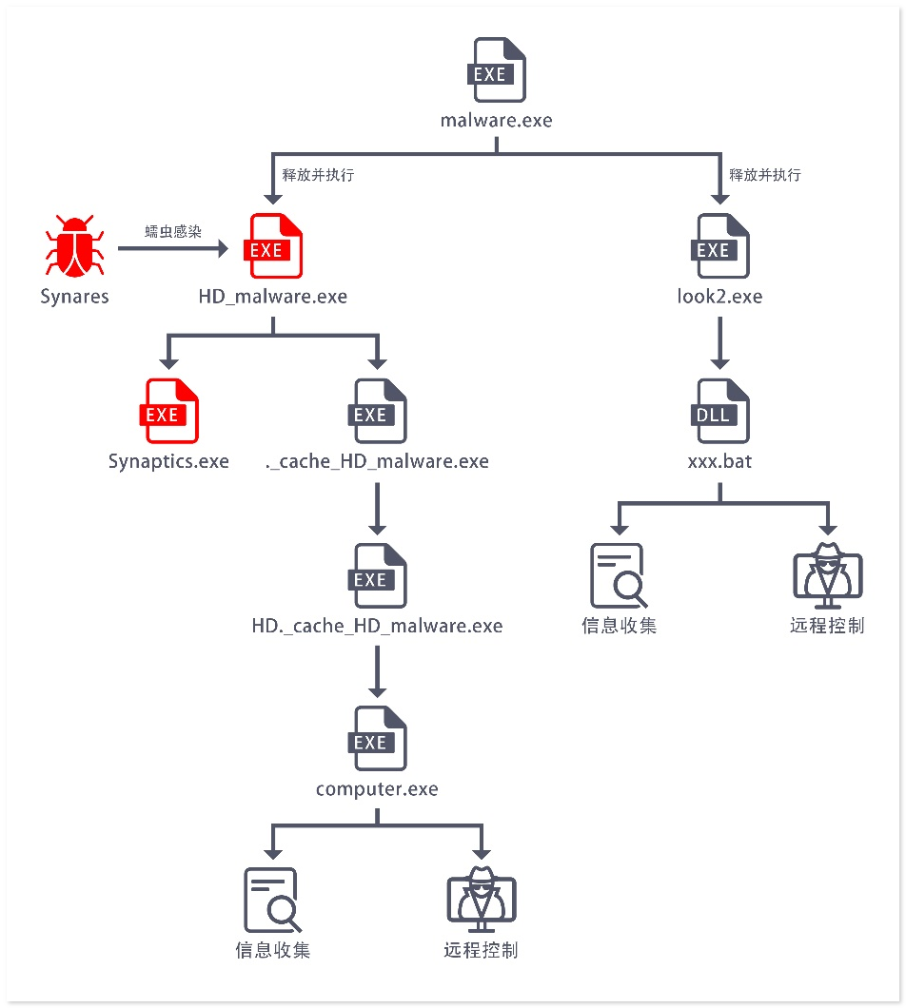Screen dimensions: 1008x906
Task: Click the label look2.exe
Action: (719, 297)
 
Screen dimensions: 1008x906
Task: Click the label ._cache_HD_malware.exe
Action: (377, 462)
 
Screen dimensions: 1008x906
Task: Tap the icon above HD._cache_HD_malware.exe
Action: (377, 577)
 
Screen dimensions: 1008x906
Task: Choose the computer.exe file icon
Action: (377, 740)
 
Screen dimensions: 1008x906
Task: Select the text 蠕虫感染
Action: (173, 231)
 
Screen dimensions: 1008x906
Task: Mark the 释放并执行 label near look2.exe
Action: (765, 175)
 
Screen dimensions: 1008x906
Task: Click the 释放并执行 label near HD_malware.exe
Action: (319, 175)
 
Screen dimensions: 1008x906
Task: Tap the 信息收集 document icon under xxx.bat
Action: (618, 576)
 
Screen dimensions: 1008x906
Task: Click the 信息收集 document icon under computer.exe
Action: (272, 901)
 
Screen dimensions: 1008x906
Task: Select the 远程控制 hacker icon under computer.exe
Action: (481, 901)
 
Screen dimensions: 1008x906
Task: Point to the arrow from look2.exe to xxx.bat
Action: (719, 341)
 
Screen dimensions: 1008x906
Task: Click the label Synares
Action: (74, 297)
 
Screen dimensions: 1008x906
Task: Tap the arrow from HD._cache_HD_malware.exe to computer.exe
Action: (377, 669)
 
